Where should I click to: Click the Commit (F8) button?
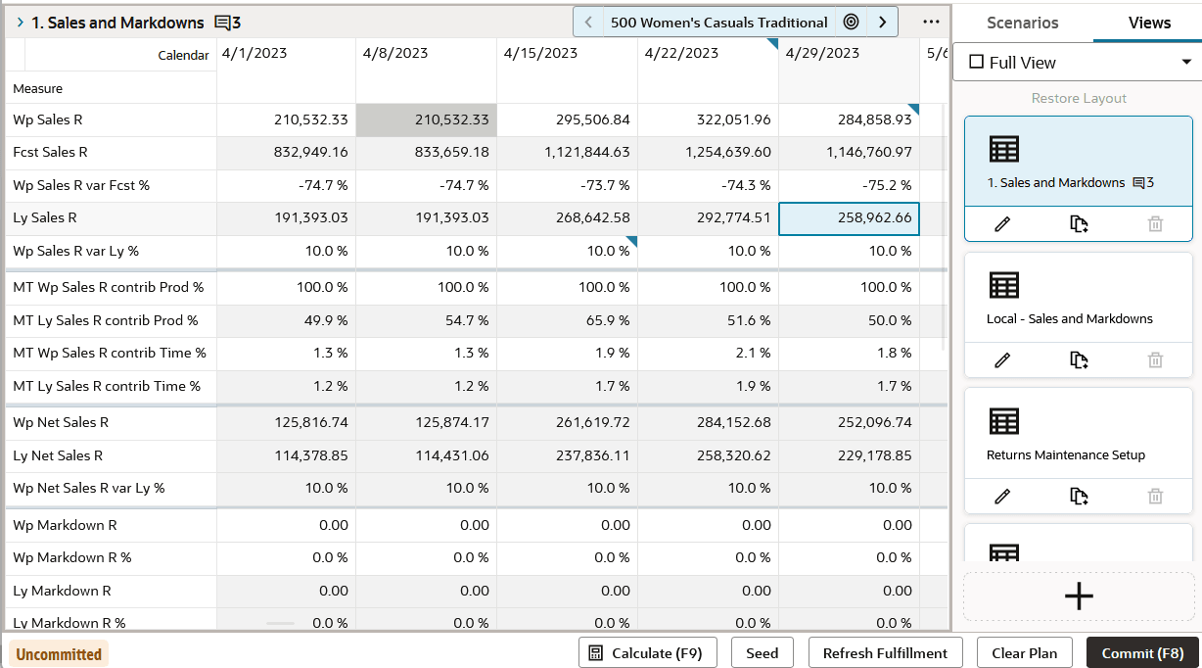[x=1142, y=653]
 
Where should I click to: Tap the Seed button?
[x=762, y=653]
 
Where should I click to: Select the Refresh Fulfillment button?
[x=885, y=653]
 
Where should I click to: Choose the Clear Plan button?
[x=1024, y=653]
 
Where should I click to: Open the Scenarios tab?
[x=1022, y=23]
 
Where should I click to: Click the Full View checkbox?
[x=976, y=63]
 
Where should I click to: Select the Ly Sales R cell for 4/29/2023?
[x=849, y=218]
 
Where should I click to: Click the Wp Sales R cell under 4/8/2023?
[x=426, y=120]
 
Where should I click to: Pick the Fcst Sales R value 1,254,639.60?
[x=708, y=153]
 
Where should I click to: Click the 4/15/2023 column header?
[x=537, y=54]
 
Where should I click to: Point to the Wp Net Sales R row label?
[x=61, y=423]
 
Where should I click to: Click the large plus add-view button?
[x=1078, y=596]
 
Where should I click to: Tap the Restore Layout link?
[x=1079, y=98]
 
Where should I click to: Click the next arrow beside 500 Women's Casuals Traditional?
[x=882, y=22]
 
